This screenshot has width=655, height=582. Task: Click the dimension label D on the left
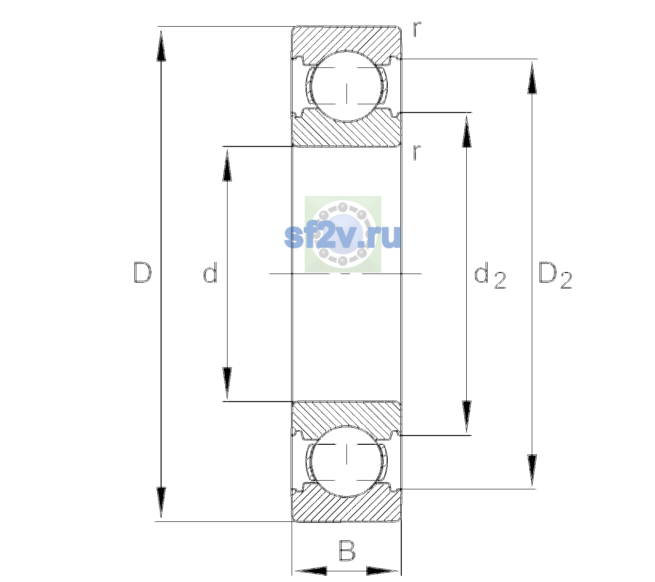pyautogui.click(x=143, y=273)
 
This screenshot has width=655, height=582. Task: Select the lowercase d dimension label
pyautogui.click(x=210, y=272)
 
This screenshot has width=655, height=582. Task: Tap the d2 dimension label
pyautogui.click(x=490, y=275)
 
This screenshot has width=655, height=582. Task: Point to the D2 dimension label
pyautogui.click(x=555, y=275)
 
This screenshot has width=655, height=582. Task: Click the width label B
pyautogui.click(x=347, y=550)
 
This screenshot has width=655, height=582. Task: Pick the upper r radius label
pyautogui.click(x=417, y=29)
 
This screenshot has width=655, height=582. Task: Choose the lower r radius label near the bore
pyautogui.click(x=417, y=152)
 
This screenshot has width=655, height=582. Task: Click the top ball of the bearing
pyautogui.click(x=346, y=86)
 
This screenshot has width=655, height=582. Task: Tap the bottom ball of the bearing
pyautogui.click(x=346, y=461)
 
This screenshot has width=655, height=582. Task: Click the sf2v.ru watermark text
pyautogui.click(x=343, y=236)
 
